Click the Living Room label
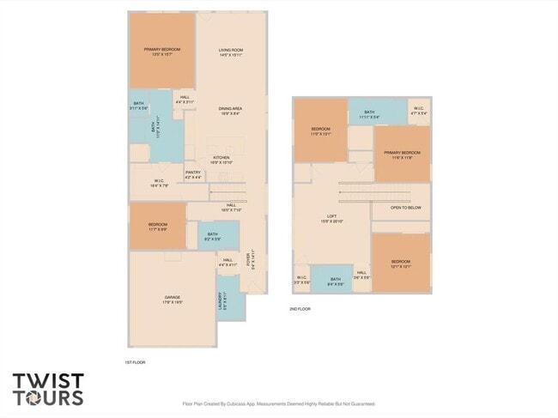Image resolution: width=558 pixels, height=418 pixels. (x=230, y=53)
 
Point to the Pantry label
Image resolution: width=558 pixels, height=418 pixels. (x=193, y=175)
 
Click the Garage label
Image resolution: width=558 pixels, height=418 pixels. (x=172, y=300)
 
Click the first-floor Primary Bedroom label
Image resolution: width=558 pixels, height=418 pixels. (x=161, y=52)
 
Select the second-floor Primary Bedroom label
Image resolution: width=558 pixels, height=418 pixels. (x=402, y=154)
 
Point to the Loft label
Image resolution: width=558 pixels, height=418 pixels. (x=331, y=219)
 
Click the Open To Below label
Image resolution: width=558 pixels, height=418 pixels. (x=405, y=208)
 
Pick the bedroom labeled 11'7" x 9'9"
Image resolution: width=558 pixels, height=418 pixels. (x=157, y=227)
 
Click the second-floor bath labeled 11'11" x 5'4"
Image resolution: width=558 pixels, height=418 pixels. (x=369, y=113)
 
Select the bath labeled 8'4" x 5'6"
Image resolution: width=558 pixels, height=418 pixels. (x=331, y=280)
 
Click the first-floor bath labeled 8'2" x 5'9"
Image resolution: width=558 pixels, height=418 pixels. (x=212, y=235)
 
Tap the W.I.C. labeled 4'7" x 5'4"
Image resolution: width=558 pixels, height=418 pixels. (x=418, y=111)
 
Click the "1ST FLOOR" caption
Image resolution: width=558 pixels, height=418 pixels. (x=136, y=362)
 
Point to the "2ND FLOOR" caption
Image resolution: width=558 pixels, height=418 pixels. (x=300, y=308)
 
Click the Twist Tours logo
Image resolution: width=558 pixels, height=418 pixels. (x=49, y=389)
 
